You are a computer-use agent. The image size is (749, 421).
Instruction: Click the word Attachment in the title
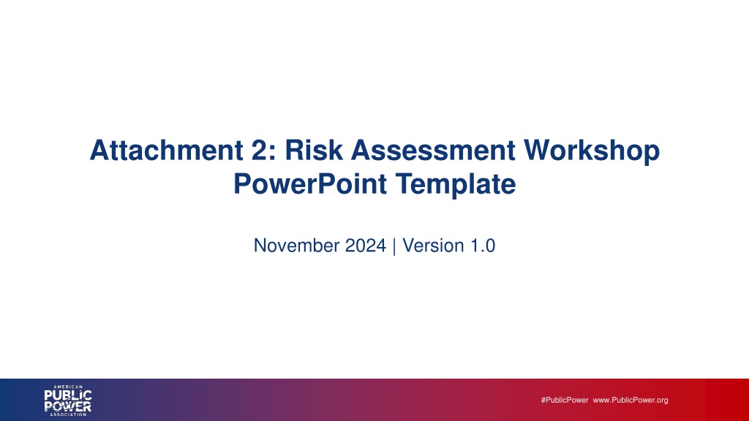[167, 150]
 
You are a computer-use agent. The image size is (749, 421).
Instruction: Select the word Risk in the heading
[314, 150]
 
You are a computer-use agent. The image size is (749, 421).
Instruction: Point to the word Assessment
[433, 150]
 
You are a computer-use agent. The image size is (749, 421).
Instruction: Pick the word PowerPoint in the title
[310, 183]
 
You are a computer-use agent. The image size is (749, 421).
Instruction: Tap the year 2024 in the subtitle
[366, 246]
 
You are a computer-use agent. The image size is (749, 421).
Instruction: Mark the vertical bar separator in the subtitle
[394, 246]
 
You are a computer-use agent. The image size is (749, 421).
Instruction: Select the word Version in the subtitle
[433, 246]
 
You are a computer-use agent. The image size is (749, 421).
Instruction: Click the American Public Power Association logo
[68, 401]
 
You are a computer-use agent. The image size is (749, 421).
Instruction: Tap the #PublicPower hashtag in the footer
[565, 400]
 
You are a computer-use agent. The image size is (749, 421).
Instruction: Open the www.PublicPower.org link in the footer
[631, 401]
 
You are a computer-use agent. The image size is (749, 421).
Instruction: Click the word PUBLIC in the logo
[68, 395]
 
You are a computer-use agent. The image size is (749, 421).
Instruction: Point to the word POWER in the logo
[68, 406]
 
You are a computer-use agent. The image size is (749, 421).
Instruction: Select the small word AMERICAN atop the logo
[68, 387]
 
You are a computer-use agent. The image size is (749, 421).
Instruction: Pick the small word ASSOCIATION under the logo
[68, 414]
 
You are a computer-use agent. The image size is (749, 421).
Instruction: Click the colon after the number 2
[273, 153]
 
